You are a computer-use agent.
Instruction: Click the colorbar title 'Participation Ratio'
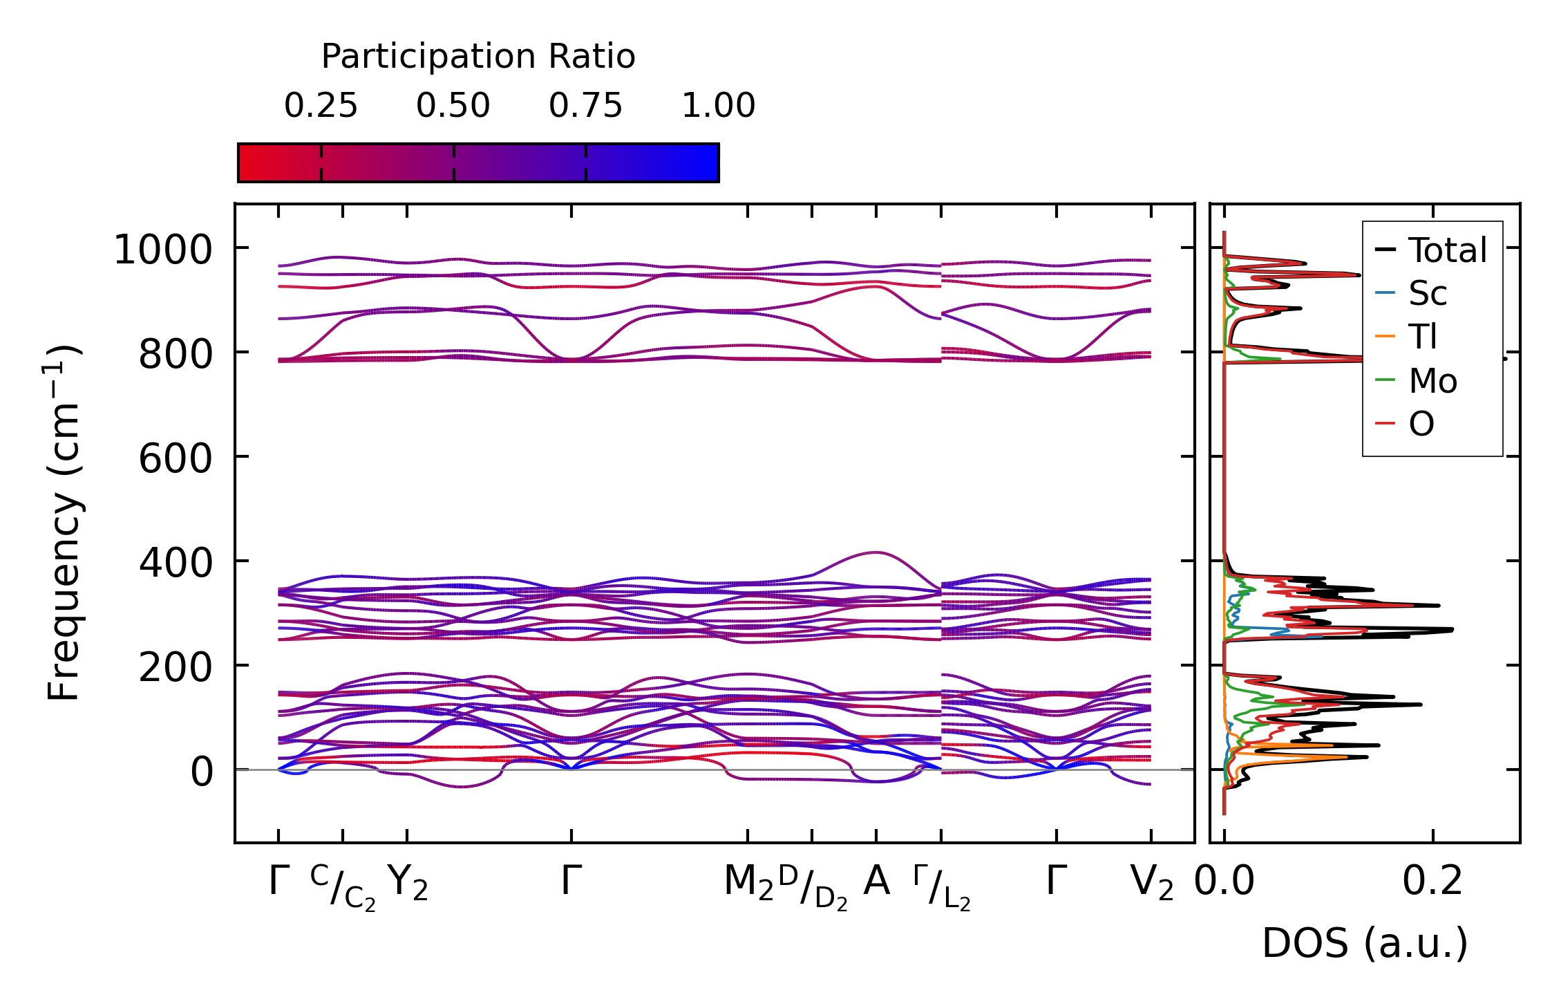(x=478, y=57)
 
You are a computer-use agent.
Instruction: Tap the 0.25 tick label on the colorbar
(x=321, y=106)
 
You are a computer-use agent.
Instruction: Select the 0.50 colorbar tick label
(x=453, y=106)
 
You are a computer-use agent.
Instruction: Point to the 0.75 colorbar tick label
(x=586, y=106)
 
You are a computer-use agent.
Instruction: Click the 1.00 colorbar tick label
(x=719, y=106)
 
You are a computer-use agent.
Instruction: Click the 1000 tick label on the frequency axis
(x=162, y=250)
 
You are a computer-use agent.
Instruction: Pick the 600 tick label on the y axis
(x=176, y=458)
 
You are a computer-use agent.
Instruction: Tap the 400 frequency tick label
(x=176, y=563)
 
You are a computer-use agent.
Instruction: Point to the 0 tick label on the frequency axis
(x=202, y=772)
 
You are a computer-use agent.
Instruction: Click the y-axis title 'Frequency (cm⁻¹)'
(x=64, y=523)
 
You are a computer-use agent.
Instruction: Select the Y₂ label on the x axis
(x=408, y=883)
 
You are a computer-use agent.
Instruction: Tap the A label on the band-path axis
(x=877, y=882)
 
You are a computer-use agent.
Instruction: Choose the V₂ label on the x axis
(x=1152, y=883)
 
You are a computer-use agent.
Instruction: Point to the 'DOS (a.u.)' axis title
(x=1365, y=944)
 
